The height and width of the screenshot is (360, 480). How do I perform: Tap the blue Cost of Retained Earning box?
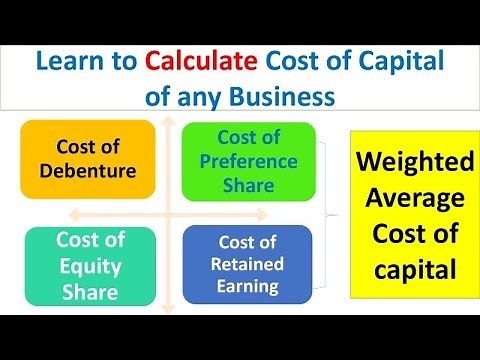247,262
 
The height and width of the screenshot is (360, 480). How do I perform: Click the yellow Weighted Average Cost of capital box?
410,215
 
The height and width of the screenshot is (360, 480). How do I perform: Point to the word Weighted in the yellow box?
410,162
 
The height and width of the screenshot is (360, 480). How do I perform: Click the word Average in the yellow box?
410,198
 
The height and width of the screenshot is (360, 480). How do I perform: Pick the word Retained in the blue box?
248,263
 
